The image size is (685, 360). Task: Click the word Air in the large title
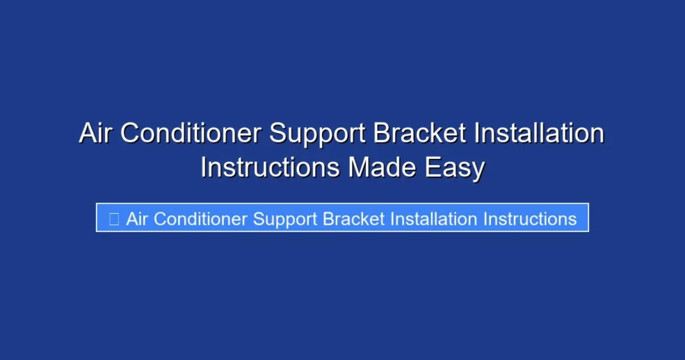tap(96, 134)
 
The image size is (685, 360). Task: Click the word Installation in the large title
tap(539, 134)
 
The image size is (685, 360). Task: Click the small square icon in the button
tap(114, 219)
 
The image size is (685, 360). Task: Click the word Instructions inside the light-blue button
tap(530, 219)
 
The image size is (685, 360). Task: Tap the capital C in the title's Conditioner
tap(132, 134)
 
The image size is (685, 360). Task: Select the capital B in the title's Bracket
tap(382, 134)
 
